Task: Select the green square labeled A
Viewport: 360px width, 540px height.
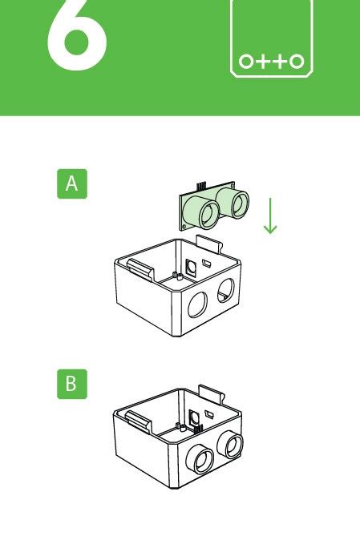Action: (x=71, y=183)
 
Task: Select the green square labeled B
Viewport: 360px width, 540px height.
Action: (x=71, y=384)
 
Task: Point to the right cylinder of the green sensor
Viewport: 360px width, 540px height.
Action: (x=235, y=201)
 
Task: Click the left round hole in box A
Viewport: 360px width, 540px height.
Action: (x=196, y=304)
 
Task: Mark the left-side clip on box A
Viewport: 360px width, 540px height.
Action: (x=134, y=268)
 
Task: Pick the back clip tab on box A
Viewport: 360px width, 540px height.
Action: (x=211, y=240)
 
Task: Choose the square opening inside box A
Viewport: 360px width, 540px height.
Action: (x=191, y=267)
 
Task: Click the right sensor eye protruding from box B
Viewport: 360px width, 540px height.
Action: (x=233, y=443)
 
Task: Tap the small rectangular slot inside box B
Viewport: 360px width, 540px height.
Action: (x=207, y=415)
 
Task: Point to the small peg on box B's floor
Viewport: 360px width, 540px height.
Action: (x=174, y=428)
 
